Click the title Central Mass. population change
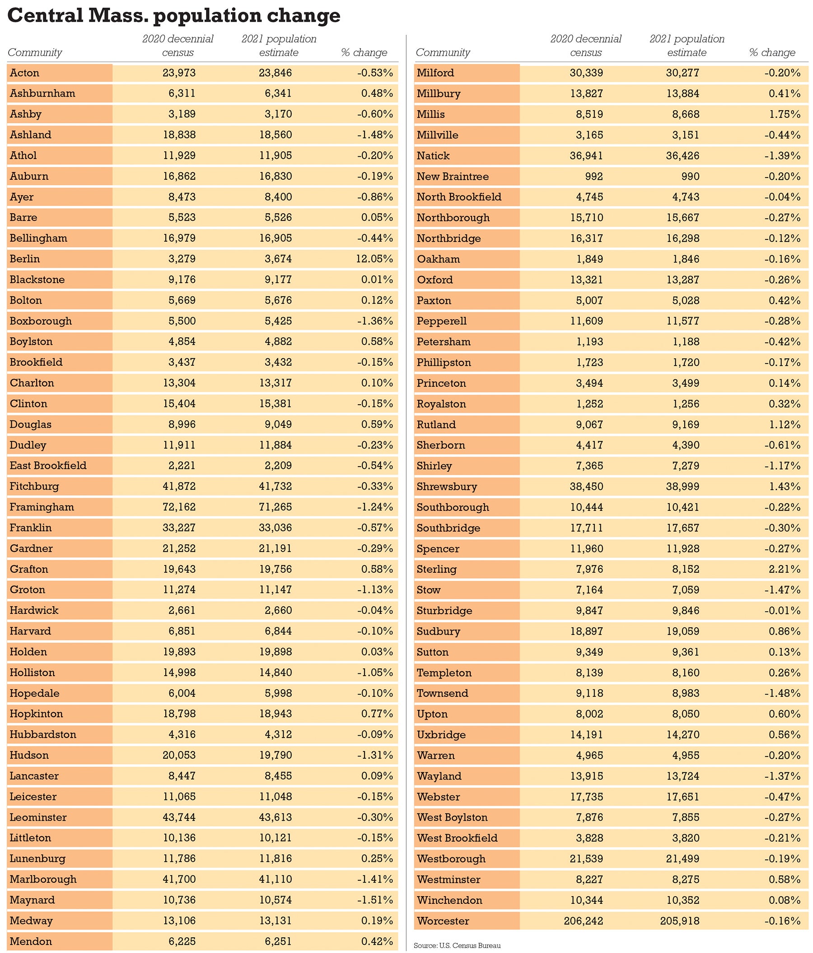coord(174,15)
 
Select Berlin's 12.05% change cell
coord(374,259)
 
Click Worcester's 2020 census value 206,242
coord(583,921)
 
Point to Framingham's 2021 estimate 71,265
coord(275,507)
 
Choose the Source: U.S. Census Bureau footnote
coord(457,946)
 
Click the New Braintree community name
coord(453,176)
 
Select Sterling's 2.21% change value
coord(785,569)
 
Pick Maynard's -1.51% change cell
coord(375,900)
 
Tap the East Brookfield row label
coord(48,466)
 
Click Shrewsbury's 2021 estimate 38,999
coord(682,486)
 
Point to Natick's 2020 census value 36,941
coord(586,155)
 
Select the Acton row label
coord(25,73)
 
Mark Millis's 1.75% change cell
coord(785,114)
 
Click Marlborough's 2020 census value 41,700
coord(179,879)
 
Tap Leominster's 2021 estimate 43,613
coord(275,818)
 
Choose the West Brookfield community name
coord(457,838)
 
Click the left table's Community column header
coord(35,52)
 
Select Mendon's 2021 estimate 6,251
coord(278,941)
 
